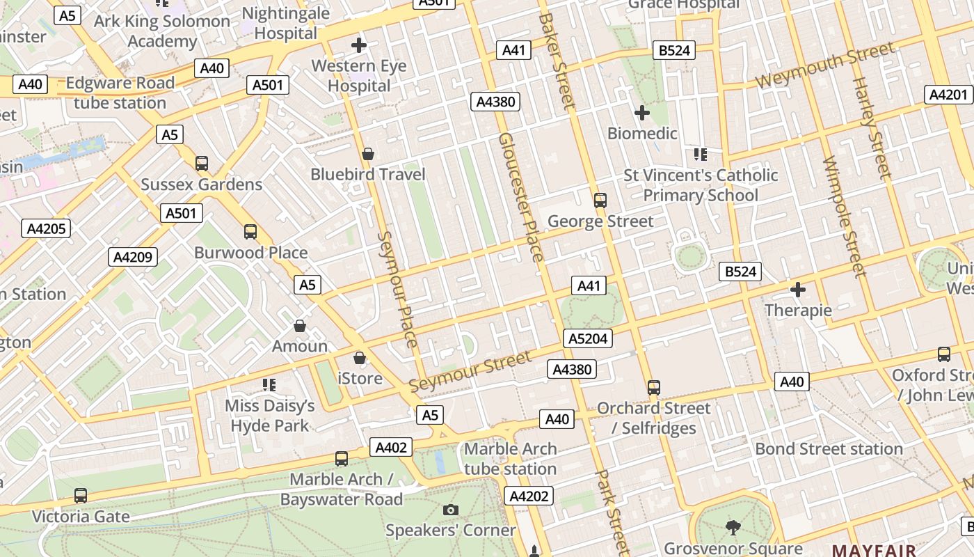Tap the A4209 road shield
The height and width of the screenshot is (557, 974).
133,257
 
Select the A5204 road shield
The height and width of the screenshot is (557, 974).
588,338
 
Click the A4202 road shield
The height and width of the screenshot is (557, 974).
529,496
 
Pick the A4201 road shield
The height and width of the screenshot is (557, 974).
948,95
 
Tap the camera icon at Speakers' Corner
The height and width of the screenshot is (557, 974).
451,510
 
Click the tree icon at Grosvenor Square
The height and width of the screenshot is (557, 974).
733,528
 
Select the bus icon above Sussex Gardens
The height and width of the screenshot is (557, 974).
202,164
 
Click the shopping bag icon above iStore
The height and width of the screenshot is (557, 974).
360,359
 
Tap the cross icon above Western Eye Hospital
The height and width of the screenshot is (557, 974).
359,46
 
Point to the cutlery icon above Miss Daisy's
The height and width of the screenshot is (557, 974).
270,385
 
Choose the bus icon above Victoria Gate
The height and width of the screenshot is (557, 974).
81,496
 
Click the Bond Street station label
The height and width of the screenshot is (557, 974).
829,448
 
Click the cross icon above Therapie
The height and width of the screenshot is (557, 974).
798,289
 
